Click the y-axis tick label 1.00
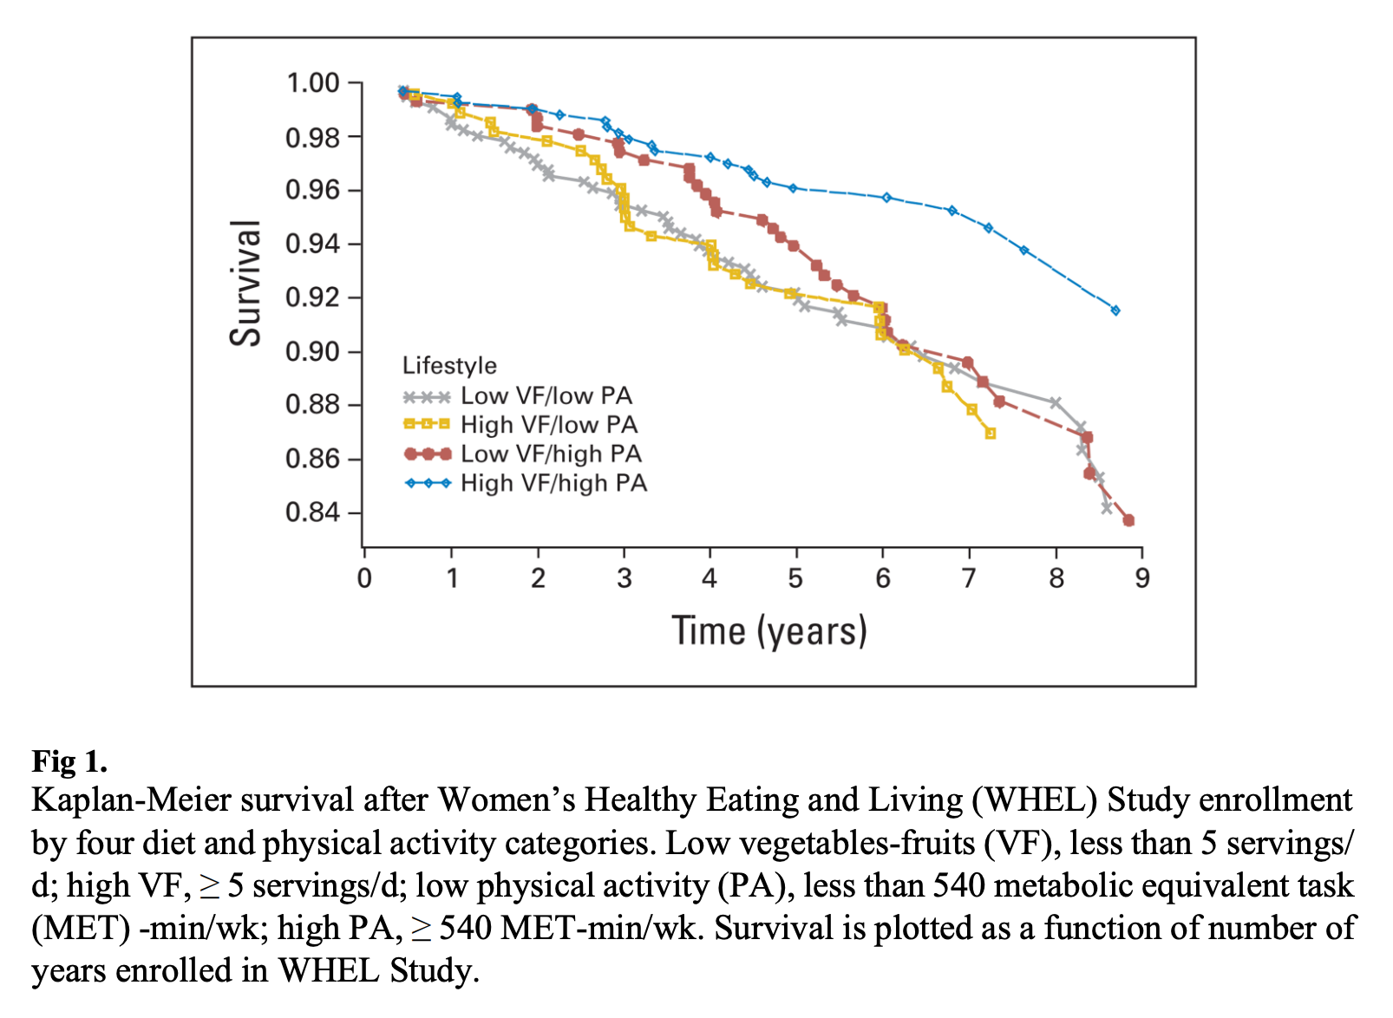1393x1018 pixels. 312,83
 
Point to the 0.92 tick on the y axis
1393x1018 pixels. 312,297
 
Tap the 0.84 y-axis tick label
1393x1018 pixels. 312,512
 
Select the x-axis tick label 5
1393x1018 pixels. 795,578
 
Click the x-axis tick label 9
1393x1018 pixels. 1141,578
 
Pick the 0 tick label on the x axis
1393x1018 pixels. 364,578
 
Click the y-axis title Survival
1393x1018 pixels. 245,283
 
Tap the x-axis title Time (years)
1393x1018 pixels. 769,631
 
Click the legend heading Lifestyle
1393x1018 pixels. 449,366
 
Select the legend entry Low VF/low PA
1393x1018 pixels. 546,396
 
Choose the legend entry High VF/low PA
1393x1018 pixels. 548,425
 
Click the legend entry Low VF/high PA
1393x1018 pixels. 550,454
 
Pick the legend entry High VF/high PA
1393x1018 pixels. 553,483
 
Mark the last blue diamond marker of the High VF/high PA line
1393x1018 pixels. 1115,310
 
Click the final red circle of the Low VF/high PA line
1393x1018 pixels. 1128,520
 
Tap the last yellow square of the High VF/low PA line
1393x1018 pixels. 991,434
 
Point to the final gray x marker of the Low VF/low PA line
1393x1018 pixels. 1107,508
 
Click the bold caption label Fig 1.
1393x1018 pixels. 69,761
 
